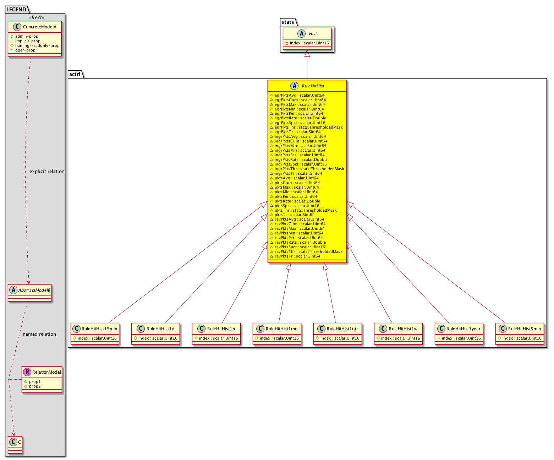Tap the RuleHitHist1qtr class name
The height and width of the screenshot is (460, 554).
tap(342, 329)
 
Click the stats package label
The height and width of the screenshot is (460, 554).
tap(287, 22)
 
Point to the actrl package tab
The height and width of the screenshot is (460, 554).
tap(75, 74)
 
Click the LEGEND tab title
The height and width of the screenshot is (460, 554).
tap(16, 10)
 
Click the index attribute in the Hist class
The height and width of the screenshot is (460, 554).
tap(307, 43)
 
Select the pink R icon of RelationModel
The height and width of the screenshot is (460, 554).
tap(27, 372)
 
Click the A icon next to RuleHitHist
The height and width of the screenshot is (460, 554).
tap(294, 86)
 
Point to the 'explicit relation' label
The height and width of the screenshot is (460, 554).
tap(47, 171)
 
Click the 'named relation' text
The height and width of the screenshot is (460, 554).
tap(39, 334)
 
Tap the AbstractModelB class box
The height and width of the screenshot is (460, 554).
tap(29, 293)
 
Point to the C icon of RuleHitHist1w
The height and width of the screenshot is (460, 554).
tap(383, 329)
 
